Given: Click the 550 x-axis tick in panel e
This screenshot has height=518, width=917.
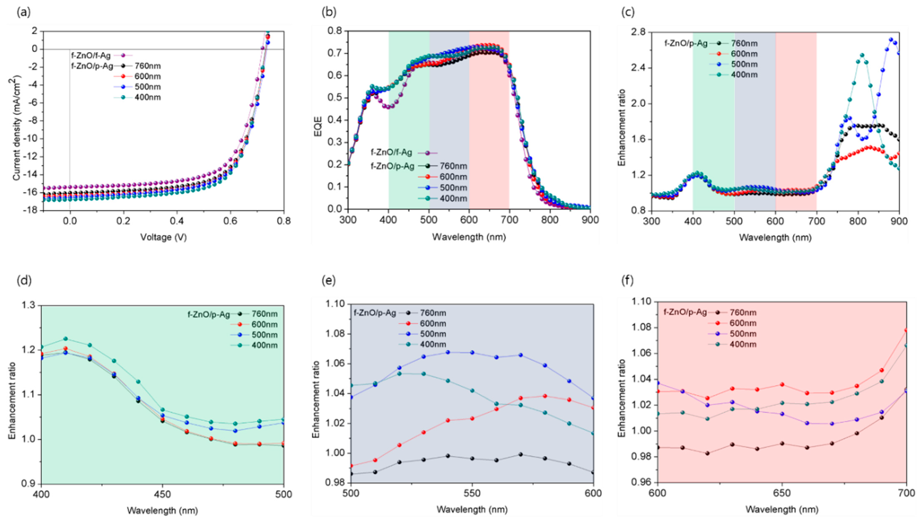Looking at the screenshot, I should click(472, 493).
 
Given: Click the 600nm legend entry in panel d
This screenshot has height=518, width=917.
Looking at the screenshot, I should click(265, 324).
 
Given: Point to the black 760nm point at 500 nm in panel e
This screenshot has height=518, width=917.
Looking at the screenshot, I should click(351, 474).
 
